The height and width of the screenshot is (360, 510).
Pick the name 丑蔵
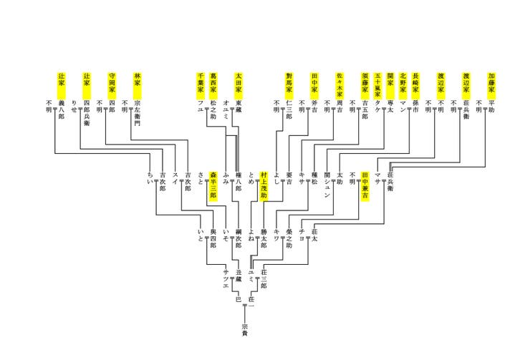tap(239, 273)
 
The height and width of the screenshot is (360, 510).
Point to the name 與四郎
tap(213, 234)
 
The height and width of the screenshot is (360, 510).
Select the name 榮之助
tap(289, 237)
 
